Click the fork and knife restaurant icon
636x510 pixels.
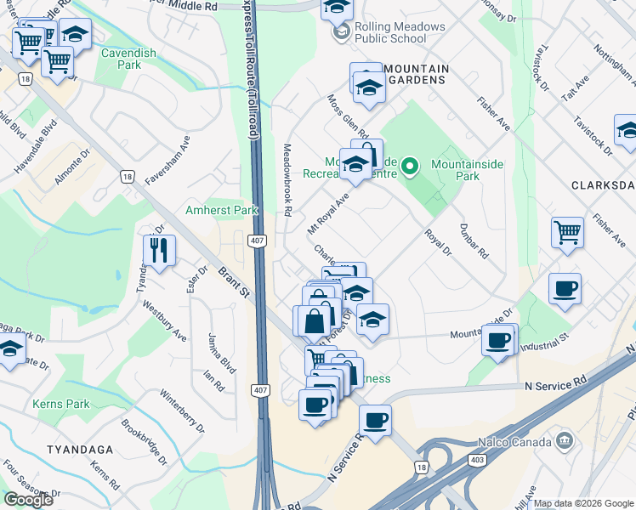coord(159,250)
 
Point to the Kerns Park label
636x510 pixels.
coord(60,404)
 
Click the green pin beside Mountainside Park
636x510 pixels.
coord(411,165)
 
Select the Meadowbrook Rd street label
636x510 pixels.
coord(288,187)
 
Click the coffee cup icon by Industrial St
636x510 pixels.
coord(499,339)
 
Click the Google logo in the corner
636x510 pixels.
coord(28,500)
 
